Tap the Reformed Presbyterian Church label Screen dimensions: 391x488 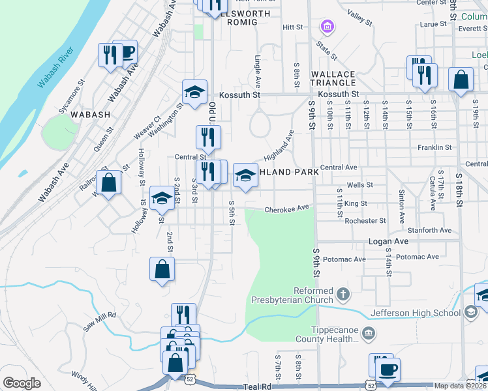pos(294,295)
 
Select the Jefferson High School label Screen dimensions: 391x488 pos(415,313)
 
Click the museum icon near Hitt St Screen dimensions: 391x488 pos(327,27)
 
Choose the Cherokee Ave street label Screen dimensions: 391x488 pos(286,209)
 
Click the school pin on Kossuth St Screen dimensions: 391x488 pos(194,92)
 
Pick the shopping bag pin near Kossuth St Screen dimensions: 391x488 pos(461,80)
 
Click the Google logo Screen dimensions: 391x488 pos(22,383)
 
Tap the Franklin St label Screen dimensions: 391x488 pos(435,147)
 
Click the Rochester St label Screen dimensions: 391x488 pos(366,221)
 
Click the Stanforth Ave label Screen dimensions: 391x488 pos(429,230)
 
